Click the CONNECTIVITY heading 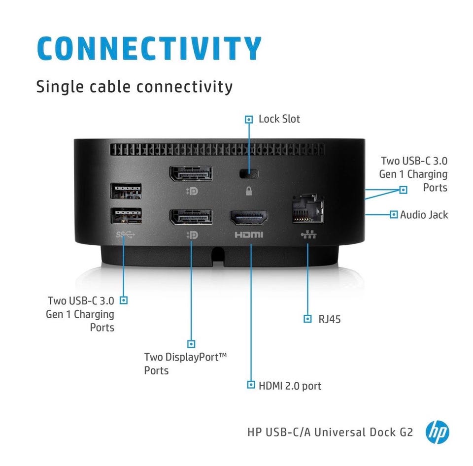(x=149, y=48)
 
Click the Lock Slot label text (x=279, y=119)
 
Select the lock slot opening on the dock (x=249, y=173)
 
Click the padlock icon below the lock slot (x=248, y=191)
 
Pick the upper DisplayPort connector (x=191, y=174)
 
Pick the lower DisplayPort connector (x=191, y=217)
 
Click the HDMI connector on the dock (x=249, y=218)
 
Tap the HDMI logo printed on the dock (x=249, y=234)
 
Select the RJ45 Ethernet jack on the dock (x=308, y=208)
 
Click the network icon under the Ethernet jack (x=308, y=234)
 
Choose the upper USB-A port (x=126, y=191)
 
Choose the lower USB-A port (x=126, y=216)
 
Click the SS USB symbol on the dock (x=125, y=234)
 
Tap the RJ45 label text (x=330, y=319)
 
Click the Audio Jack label (x=424, y=215)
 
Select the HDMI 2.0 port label (x=290, y=386)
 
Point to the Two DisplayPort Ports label (x=185, y=364)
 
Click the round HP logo (x=438, y=432)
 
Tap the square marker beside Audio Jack (x=394, y=214)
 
